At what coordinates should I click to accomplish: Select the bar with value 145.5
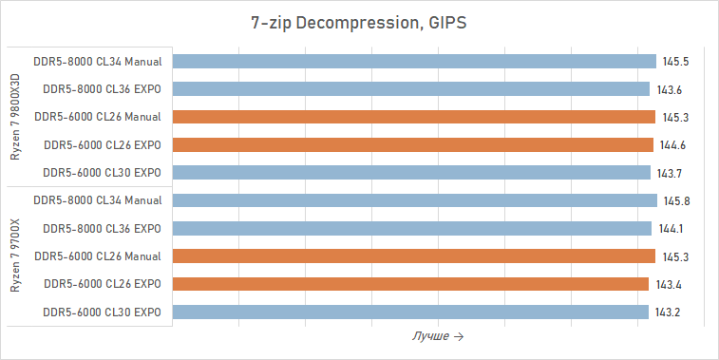tap(415, 62)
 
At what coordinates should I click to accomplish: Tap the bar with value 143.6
tap(412, 89)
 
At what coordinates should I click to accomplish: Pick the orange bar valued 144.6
tap(414, 145)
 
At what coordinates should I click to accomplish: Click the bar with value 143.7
tap(412, 173)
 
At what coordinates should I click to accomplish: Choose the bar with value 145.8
tap(416, 200)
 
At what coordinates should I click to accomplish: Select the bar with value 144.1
tap(413, 229)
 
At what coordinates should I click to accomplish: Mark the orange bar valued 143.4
tap(411, 284)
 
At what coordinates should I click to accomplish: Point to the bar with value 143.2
tap(411, 313)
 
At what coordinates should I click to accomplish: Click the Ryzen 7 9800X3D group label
tap(16, 117)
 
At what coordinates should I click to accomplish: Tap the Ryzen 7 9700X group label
tap(16, 256)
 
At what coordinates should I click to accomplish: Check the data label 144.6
tap(672, 145)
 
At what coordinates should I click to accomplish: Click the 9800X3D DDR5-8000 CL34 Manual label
tap(97, 62)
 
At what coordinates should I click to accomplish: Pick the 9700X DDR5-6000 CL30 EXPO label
tap(103, 313)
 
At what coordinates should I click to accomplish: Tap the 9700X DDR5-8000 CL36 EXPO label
tap(103, 229)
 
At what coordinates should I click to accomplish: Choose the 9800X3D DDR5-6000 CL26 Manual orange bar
tap(415, 117)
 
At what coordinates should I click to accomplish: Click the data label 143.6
tap(670, 90)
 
